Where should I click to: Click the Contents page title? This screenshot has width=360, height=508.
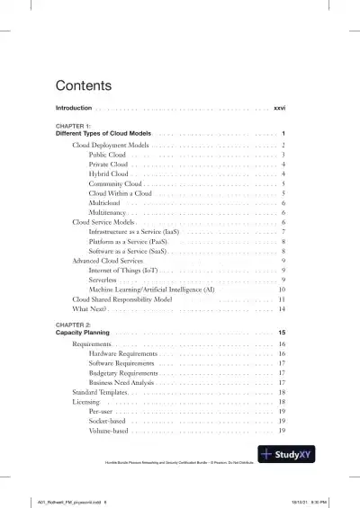coord(83,86)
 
